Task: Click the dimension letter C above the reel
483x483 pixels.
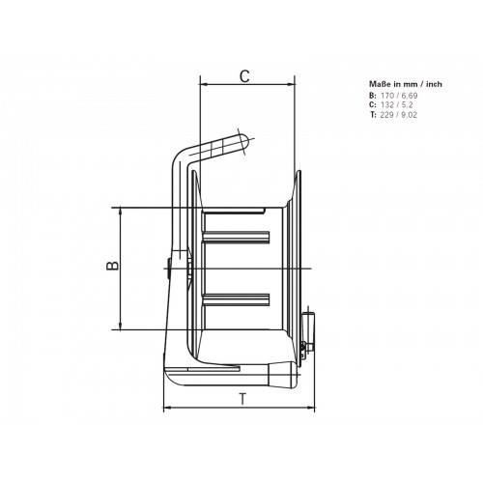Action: click(x=244, y=76)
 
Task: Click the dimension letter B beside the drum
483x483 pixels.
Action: click(x=113, y=266)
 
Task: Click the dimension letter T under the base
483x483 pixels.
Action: click(x=243, y=399)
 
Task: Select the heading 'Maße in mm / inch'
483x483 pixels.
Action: click(x=406, y=84)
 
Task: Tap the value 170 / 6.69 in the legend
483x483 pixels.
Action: click(x=399, y=96)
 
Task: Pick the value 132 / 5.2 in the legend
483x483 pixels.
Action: click(x=396, y=105)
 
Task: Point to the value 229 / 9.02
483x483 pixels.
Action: click(x=399, y=115)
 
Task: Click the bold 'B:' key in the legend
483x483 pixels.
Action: click(x=373, y=96)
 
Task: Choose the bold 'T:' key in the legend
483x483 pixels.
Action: click(x=373, y=115)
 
